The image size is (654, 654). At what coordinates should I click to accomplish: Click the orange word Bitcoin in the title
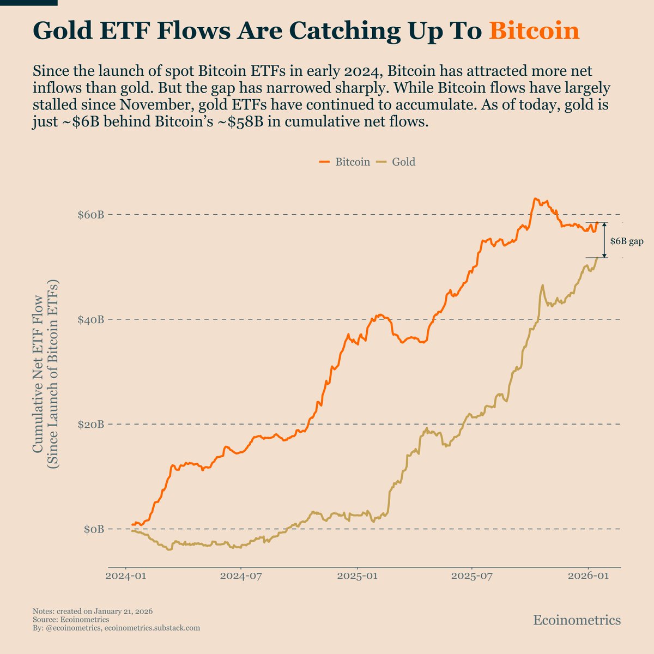tap(534, 31)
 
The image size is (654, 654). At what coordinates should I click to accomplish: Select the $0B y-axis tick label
tap(93, 529)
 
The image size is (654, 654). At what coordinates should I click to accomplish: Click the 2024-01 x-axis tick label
tap(126, 577)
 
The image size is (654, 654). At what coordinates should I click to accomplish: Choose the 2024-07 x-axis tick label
tap(241, 577)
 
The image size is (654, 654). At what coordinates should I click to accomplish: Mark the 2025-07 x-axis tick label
tap(473, 577)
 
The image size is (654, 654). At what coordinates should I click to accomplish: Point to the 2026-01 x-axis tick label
tap(589, 577)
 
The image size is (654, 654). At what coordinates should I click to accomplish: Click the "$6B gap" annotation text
tap(626, 241)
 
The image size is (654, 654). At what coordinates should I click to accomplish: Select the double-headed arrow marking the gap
tap(604, 240)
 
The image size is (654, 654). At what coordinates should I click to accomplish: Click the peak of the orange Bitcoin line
tap(536, 199)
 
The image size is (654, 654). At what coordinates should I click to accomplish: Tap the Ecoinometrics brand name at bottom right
tap(577, 620)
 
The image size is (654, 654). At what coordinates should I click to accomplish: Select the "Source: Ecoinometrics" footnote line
tap(71, 620)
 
